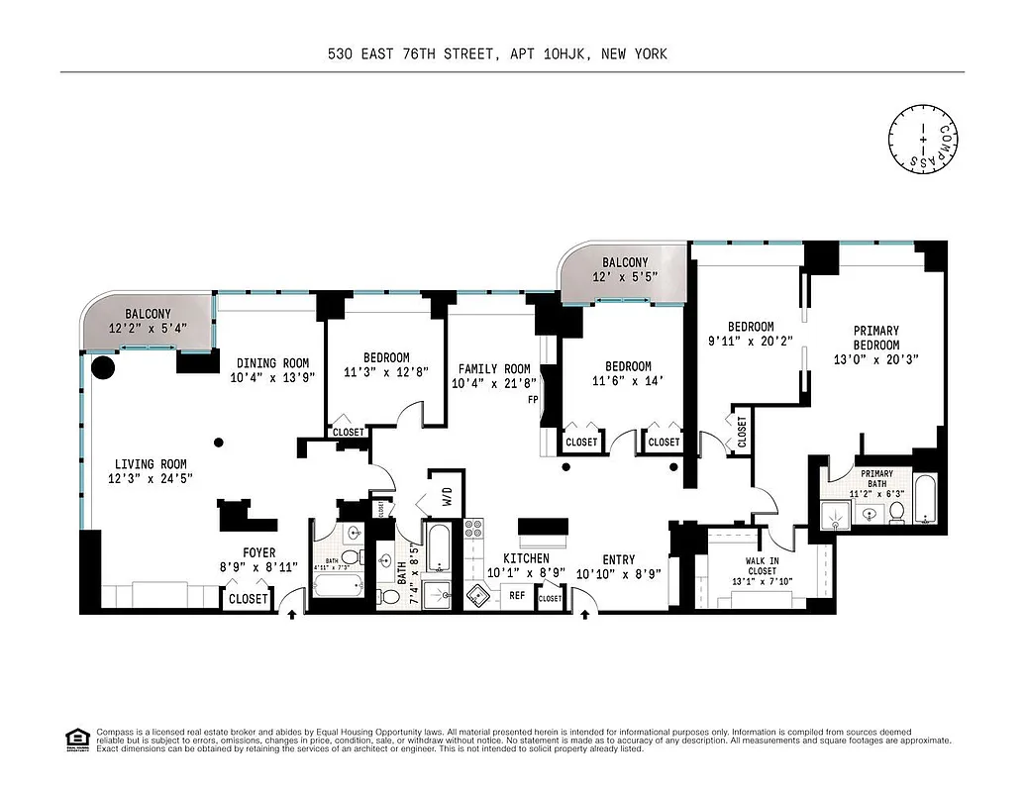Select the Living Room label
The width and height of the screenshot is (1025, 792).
(x=151, y=463)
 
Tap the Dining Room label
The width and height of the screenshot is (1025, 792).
(x=272, y=363)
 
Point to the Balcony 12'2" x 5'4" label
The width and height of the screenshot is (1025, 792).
(x=148, y=314)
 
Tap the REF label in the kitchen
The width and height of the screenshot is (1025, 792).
(x=517, y=595)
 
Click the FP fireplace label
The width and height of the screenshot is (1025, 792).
(x=533, y=401)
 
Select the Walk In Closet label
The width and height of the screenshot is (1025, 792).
(x=761, y=565)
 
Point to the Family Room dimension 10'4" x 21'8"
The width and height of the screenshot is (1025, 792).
(x=493, y=383)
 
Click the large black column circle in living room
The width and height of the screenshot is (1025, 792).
(x=102, y=369)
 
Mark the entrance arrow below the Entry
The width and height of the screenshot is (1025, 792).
(x=585, y=616)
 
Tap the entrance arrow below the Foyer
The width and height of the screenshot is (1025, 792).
(x=291, y=616)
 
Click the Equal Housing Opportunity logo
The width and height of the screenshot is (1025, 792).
(x=74, y=739)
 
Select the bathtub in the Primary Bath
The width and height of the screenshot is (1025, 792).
(x=924, y=500)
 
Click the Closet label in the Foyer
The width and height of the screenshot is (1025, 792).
(x=247, y=599)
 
